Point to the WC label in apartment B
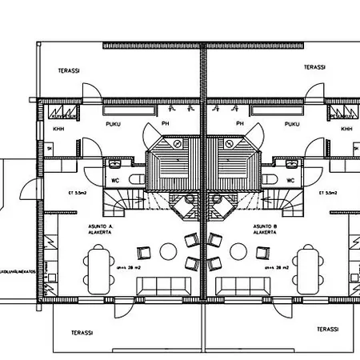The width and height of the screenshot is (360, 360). click(290, 180)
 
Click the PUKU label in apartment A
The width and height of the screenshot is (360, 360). click(110, 125)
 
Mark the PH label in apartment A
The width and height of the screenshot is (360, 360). click(164, 125)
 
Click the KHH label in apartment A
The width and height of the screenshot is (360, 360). click(58, 128)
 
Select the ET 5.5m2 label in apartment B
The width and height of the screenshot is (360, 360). click(327, 193)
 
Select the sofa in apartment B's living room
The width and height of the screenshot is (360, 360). click(240, 286)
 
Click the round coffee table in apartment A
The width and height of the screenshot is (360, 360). click(168, 252)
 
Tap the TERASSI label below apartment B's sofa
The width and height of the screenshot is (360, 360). click(327, 329)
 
